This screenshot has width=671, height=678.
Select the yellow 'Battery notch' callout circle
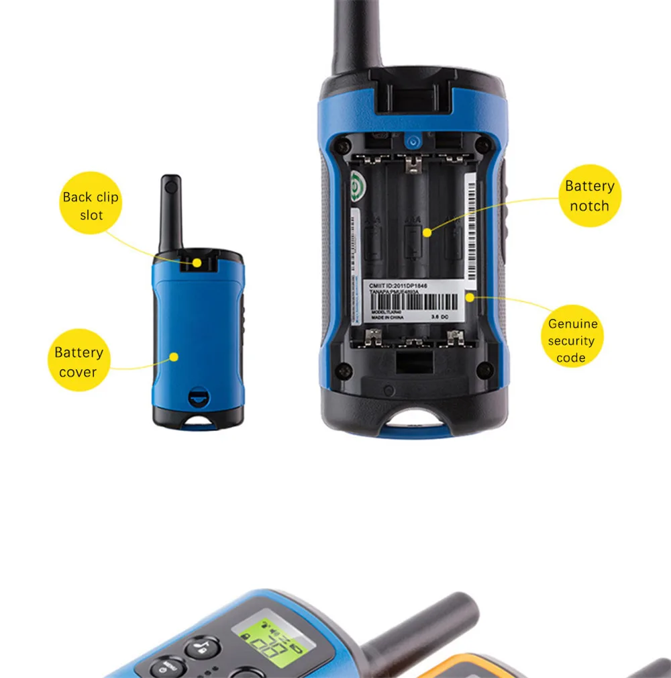pyautogui.click(x=590, y=195)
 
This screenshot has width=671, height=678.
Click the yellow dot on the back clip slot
pyautogui.click(x=197, y=262)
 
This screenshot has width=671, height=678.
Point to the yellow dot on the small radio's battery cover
pyautogui.click(x=174, y=356)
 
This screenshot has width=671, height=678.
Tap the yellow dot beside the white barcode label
pyautogui.click(x=470, y=295)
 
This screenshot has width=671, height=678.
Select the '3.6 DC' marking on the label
pyautogui.click(x=440, y=316)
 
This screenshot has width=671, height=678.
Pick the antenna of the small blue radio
pyautogui.click(x=170, y=212)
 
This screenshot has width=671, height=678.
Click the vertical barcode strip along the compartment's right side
pyautogui.click(x=470, y=228)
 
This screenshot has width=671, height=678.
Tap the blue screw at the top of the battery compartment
pyautogui.click(x=413, y=141)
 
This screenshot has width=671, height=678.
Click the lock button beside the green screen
pyautogui.click(x=201, y=648)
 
